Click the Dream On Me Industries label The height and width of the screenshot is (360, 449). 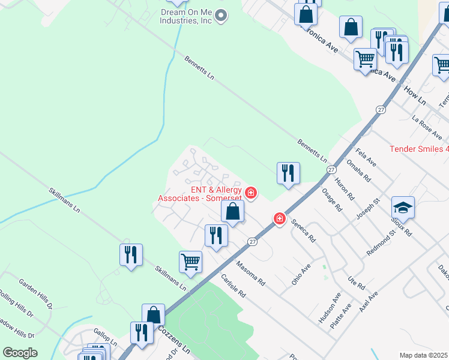click(186, 16)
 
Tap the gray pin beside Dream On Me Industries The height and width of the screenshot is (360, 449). click(221, 16)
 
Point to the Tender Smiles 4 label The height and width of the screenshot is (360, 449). click(419, 149)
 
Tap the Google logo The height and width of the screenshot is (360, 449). click(20, 353)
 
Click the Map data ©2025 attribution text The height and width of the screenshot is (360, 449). click(424, 355)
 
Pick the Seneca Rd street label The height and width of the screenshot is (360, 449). click(304, 230)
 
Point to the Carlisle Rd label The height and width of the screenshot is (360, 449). click(234, 287)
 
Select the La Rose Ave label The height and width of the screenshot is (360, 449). click(427, 128)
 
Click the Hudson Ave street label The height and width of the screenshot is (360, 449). click(330, 308)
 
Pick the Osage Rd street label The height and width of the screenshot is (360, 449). click(332, 200)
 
